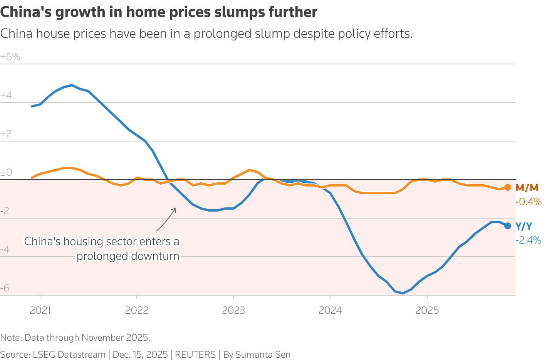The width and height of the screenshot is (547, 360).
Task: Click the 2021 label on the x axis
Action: [40, 310]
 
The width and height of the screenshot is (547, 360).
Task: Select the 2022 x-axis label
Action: [137, 310]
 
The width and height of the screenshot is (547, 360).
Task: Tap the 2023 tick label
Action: [233, 310]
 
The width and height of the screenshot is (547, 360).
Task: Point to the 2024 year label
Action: [330, 310]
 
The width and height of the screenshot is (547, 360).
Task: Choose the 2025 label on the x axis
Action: [427, 310]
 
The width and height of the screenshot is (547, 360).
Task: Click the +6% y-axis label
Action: [10, 57]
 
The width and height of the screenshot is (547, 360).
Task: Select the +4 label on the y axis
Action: [6, 96]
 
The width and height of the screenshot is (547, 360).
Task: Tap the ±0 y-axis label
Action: [6, 173]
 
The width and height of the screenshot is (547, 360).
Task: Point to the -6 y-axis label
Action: [5, 288]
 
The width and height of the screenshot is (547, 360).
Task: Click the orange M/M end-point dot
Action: [508, 187]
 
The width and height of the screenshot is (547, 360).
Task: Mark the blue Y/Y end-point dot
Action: [508, 226]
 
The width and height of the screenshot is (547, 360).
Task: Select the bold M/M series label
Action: [527, 188]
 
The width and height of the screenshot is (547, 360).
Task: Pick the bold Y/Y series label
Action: [524, 227]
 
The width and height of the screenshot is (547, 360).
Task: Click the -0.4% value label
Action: [529, 202]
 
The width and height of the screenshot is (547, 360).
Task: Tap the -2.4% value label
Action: [529, 241]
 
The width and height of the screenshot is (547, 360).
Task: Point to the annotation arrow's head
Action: [175, 209]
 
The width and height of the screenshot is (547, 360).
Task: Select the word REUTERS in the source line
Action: [195, 355]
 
